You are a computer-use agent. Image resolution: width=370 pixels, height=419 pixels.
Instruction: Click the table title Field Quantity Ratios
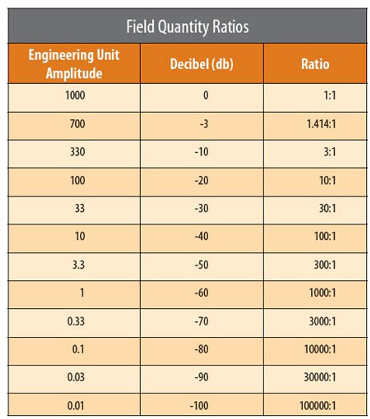point(187,27)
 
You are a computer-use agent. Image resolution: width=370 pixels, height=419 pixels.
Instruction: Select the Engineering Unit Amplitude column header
point(74,64)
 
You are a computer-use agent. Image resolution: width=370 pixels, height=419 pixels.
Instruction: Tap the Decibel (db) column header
point(202,64)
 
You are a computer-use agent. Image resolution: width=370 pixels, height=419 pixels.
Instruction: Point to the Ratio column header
point(315,64)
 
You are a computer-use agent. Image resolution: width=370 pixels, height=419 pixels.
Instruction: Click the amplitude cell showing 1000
point(75,95)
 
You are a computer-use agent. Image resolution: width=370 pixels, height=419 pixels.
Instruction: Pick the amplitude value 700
point(77,123)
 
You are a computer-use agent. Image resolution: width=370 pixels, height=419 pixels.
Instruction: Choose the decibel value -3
point(204,123)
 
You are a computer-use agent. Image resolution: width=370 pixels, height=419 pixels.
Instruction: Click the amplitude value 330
point(77,152)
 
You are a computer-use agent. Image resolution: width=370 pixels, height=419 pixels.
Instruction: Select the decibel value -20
point(202,180)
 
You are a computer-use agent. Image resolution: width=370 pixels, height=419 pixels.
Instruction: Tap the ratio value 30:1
point(327,208)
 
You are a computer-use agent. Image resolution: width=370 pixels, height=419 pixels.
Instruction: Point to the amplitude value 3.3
point(79,264)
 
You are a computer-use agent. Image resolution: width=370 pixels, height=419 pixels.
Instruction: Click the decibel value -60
point(202,293)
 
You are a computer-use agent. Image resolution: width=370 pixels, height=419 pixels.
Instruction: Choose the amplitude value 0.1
point(78,349)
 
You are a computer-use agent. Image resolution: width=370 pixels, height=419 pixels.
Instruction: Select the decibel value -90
point(202,377)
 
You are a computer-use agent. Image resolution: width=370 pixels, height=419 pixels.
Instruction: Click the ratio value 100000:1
point(318,406)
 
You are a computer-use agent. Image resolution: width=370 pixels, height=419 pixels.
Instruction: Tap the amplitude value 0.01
point(76,406)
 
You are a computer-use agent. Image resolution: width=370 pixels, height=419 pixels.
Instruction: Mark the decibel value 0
point(206,95)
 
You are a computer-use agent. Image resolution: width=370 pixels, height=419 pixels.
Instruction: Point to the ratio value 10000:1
point(319,349)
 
